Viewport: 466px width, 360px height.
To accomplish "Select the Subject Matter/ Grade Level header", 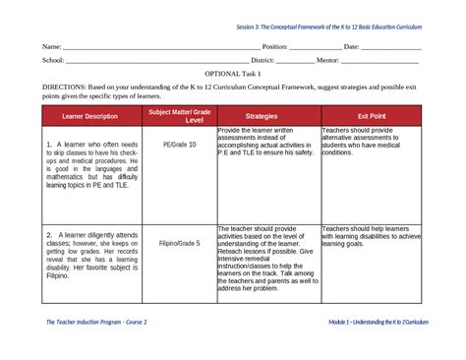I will (x=180, y=116).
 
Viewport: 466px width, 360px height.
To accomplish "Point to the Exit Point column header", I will (x=372, y=116).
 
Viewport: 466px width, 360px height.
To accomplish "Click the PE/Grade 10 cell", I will (x=180, y=144).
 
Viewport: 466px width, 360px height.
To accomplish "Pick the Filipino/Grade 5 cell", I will (x=180, y=242).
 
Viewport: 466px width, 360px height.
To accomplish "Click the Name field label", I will (x=51, y=46).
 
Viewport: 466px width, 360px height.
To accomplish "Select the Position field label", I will (x=273, y=46).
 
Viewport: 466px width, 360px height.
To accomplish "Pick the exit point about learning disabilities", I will (x=371, y=241).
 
